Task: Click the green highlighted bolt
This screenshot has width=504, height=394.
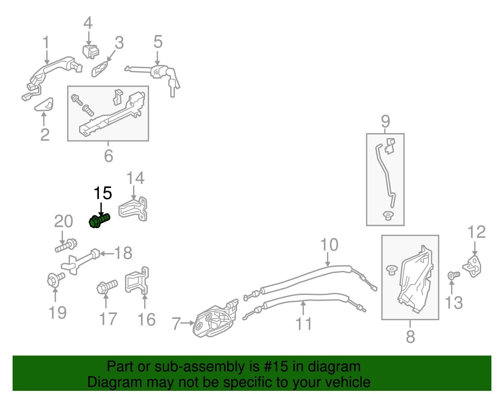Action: pos(99,221)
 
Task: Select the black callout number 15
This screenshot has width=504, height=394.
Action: pos(103,193)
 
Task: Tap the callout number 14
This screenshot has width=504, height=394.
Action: pos(135,178)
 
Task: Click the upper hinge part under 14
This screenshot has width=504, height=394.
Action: pos(133,209)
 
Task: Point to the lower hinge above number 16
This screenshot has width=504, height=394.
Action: pos(137,281)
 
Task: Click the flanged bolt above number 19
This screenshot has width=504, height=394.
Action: pos(56,279)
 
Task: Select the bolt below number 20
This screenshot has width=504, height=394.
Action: pos(66,246)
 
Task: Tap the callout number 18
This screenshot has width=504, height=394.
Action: pos(123,253)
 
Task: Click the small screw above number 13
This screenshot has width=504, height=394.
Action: pos(454,275)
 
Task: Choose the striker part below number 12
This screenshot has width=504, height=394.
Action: pos(472,266)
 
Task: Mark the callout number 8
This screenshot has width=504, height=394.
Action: pos(410,336)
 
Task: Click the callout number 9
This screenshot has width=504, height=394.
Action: pos(386,121)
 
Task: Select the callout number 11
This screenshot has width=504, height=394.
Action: pos(304,324)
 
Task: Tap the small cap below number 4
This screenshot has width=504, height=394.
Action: pos(91,52)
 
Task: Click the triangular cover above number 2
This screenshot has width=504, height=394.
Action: pos(44,104)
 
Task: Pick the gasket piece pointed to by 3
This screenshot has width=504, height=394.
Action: pos(100,69)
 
